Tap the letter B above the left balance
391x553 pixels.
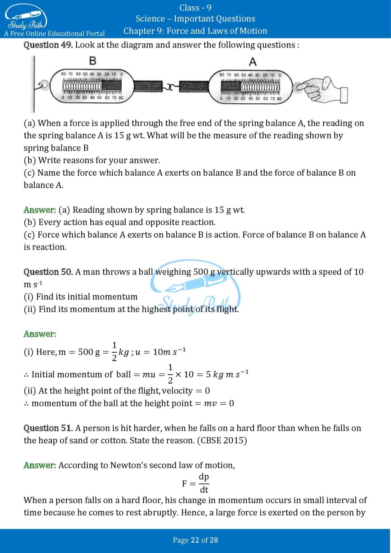[93, 61]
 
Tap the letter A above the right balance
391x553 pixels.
[253, 62]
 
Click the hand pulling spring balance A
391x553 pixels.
[322, 90]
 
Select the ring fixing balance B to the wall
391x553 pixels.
[44, 85]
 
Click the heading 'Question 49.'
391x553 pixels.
[48, 45]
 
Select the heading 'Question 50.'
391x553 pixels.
[48, 272]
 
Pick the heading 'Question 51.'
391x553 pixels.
[48, 428]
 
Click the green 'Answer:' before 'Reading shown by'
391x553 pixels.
[40, 210]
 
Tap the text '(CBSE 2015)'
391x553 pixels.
[222, 441]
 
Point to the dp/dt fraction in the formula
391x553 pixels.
[204, 483]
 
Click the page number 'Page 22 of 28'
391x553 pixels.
[195, 540]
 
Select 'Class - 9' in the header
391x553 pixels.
[195, 8]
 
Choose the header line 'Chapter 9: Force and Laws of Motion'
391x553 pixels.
[195, 31]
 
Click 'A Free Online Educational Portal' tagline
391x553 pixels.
[54, 34]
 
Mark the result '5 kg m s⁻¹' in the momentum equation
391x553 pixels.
[227, 374]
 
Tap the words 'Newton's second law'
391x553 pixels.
[159, 465]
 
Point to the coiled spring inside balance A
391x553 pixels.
[260, 87]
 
